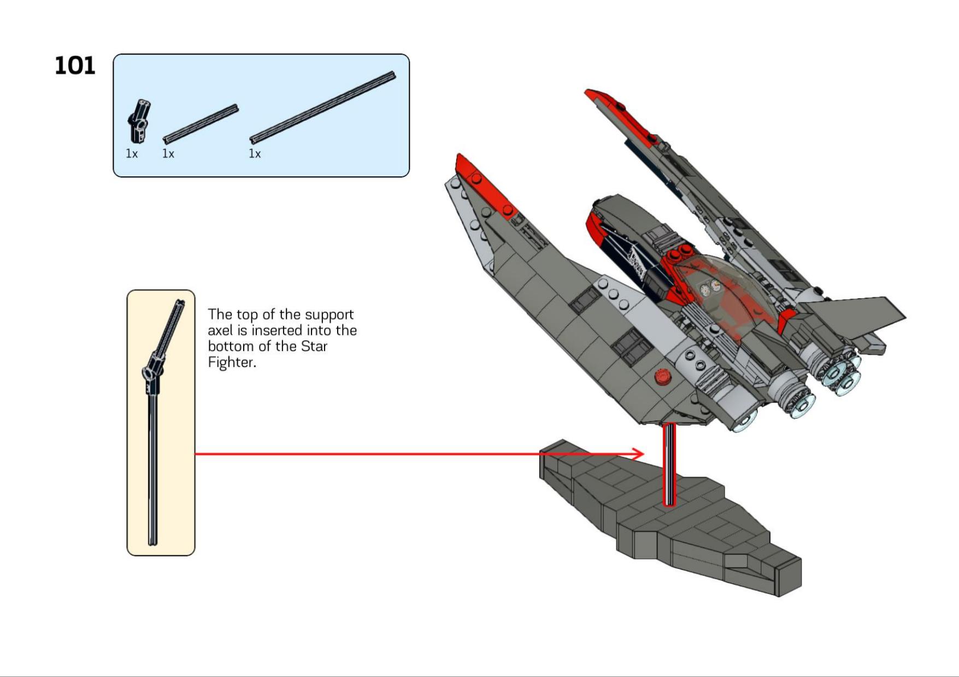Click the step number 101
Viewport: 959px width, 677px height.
point(75,66)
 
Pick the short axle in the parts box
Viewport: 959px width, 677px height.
point(201,123)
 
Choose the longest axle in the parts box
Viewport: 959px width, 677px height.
point(322,106)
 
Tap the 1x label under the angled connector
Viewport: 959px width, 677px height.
point(132,154)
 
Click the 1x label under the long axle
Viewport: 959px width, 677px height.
point(255,154)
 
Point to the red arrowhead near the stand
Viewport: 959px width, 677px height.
point(638,454)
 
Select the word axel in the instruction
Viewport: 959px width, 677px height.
point(220,331)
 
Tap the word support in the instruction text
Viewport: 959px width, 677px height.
point(329,315)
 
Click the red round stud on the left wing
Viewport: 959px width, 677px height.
point(663,376)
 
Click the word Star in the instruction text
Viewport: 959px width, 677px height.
point(314,347)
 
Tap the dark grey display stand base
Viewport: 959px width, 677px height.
point(683,524)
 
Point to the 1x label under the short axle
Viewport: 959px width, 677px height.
point(168,154)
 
